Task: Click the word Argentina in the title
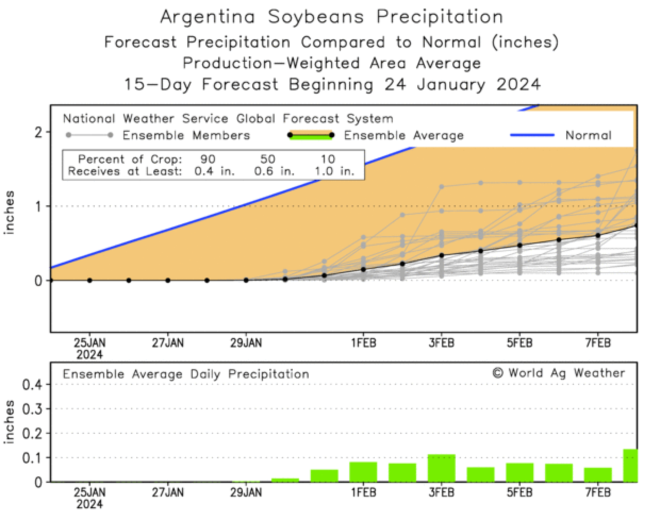(x=208, y=16)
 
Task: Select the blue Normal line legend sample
(x=532, y=135)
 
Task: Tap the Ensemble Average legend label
(x=403, y=136)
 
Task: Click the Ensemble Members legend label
(x=186, y=136)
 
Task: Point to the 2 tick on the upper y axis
(x=38, y=132)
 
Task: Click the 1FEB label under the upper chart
(x=363, y=343)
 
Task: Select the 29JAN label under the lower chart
(x=246, y=492)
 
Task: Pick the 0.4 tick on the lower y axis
(x=31, y=384)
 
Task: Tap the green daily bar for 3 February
(x=441, y=468)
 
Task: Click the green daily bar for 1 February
(x=363, y=472)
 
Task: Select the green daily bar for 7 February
(x=598, y=474)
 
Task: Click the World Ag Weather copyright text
(x=558, y=373)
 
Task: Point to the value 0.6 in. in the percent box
(x=274, y=171)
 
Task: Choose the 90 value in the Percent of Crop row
(x=208, y=159)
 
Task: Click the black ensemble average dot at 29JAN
(x=246, y=280)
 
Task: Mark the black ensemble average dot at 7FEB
(x=598, y=235)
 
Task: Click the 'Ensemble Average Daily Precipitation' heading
(x=186, y=374)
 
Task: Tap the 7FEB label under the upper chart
(x=598, y=343)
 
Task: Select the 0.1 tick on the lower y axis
(x=31, y=458)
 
